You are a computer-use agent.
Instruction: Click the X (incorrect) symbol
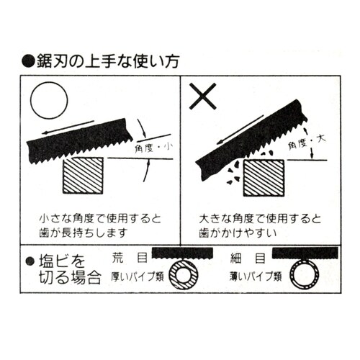[203, 96]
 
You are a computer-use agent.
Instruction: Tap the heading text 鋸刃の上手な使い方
[108, 61]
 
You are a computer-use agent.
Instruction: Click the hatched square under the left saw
[83, 176]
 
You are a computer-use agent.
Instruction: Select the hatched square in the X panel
[264, 178]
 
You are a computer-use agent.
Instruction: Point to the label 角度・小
[154, 148]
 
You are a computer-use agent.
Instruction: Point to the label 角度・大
[307, 143]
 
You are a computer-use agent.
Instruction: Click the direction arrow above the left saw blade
[68, 127]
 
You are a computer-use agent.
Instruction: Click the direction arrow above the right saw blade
[240, 130]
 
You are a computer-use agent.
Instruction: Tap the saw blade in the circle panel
[79, 142]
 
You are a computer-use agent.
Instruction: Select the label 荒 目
[130, 258]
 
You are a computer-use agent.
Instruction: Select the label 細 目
[248, 258]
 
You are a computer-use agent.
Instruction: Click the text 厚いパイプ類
[138, 276]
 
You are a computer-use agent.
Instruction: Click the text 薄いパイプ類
[256, 276]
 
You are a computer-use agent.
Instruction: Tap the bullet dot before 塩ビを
[30, 261]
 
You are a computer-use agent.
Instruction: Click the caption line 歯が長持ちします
[83, 233]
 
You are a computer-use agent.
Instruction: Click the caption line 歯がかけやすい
[238, 233]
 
